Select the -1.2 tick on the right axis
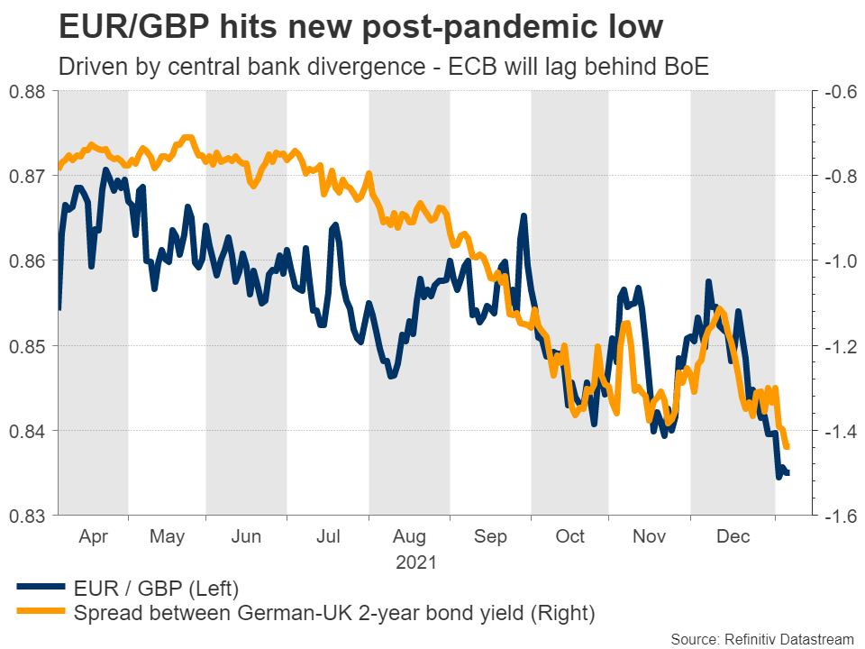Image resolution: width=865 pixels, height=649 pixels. [x=835, y=346]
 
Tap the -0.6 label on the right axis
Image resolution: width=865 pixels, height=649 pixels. [x=835, y=91]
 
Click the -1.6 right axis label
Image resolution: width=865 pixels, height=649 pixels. [x=835, y=516]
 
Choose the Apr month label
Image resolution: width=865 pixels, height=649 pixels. [x=93, y=537]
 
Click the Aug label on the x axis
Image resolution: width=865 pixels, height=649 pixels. [x=409, y=537]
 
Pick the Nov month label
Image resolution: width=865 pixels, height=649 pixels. [x=649, y=537]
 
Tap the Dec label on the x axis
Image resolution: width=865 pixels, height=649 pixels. [x=733, y=537]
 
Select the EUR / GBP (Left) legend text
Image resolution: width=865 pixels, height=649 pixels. [x=157, y=590]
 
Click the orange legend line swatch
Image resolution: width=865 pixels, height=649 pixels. [x=40, y=614]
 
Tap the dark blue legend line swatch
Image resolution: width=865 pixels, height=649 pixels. [x=40, y=590]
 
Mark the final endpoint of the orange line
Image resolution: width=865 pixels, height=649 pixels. [x=788, y=446]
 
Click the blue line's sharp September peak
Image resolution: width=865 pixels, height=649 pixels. [x=524, y=216]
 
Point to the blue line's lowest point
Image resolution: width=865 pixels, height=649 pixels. [x=778, y=476]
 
